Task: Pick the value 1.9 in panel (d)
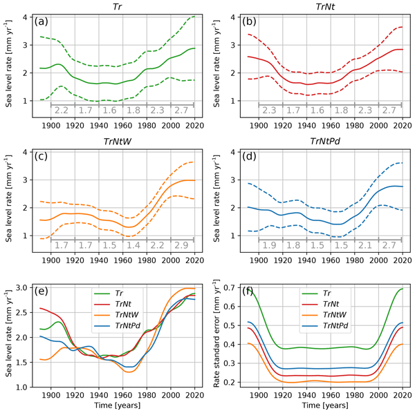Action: pyautogui.click(x=268, y=245)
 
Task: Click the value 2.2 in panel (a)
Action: pyautogui.click(x=62, y=110)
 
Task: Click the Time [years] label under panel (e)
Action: pyautogui.click(x=114, y=407)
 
